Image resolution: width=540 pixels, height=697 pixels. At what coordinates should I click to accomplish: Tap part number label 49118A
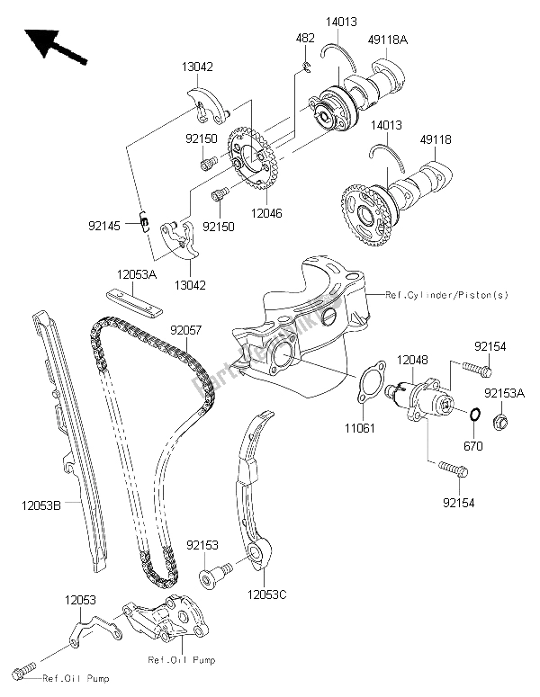(387, 39)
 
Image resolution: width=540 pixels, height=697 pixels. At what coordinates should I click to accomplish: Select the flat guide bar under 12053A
(132, 300)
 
